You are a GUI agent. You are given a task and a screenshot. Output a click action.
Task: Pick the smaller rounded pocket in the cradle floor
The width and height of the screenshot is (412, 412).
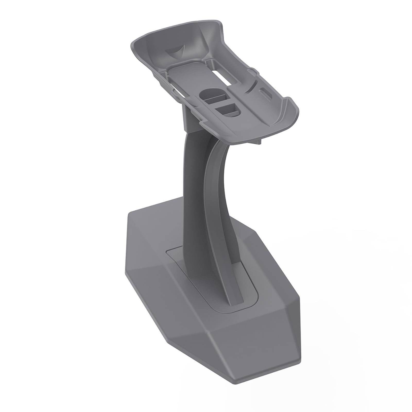coord(228,109)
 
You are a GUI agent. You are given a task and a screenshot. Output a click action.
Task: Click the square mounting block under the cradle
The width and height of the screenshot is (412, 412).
coord(189,118)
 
